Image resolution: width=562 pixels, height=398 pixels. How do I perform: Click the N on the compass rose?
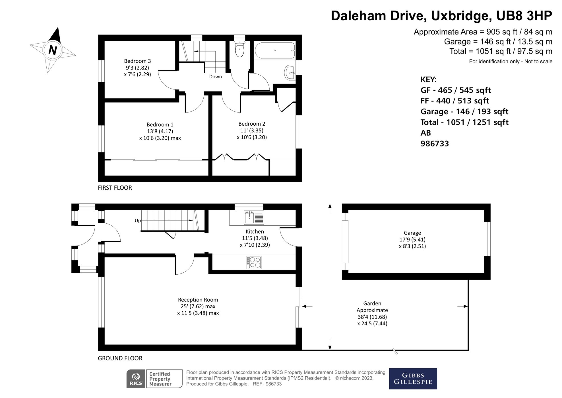[53, 50]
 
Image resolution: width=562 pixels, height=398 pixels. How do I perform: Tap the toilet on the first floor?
[239, 49]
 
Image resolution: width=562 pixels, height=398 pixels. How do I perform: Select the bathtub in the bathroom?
[275, 51]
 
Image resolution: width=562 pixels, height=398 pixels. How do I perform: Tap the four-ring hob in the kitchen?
[254, 262]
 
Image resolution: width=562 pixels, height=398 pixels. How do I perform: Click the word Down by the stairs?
[215, 77]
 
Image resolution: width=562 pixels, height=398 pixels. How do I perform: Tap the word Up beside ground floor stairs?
[138, 221]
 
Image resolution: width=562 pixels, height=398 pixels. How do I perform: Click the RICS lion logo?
[136, 379]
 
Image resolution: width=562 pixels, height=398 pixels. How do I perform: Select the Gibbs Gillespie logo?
[413, 379]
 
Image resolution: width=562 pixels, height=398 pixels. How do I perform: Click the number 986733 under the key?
[435, 144]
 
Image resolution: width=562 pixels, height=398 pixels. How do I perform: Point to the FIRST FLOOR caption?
[115, 188]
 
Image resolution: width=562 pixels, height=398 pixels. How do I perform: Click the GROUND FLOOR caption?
[120, 358]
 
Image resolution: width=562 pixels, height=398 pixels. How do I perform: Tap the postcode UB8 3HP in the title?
[524, 16]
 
